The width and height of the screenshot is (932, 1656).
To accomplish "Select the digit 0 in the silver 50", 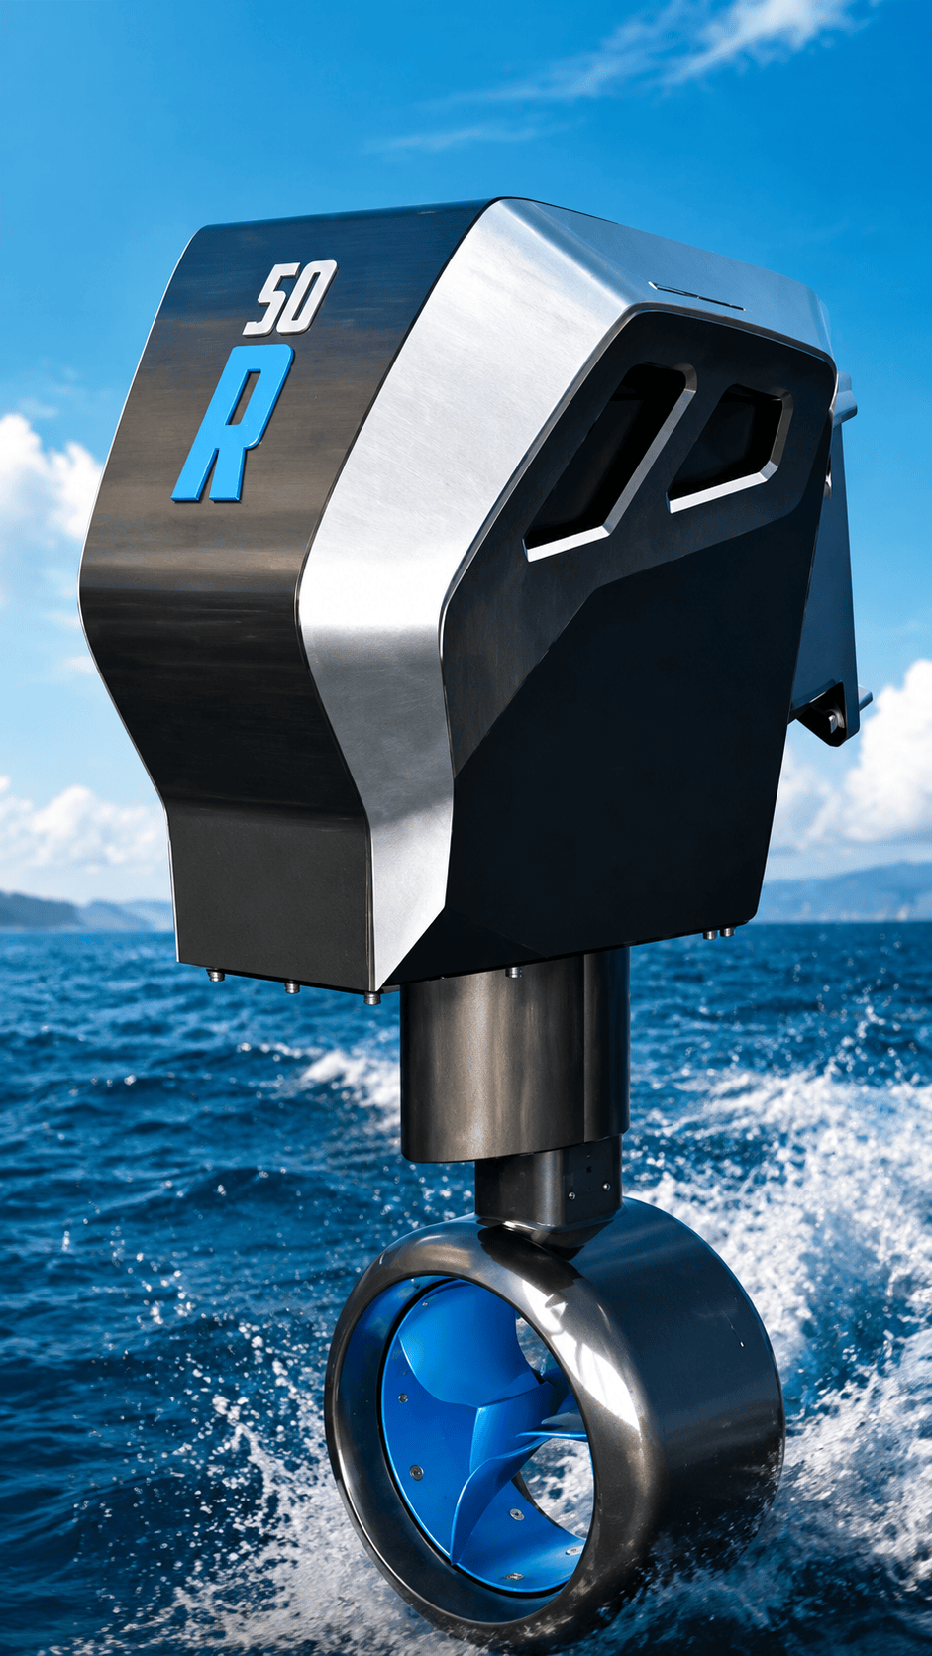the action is tap(309, 296).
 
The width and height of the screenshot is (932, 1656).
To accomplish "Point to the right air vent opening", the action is tap(728, 448).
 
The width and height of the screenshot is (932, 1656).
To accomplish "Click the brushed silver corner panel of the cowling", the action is tap(414, 517).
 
